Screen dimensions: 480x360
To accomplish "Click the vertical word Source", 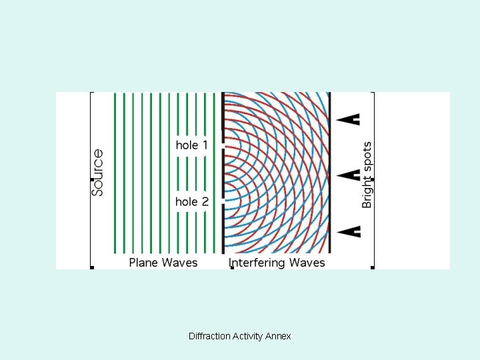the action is (x=97, y=172).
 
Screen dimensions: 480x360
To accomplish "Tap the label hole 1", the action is (x=192, y=145).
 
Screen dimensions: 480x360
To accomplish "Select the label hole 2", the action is (x=192, y=201).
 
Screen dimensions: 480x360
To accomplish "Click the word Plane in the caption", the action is (x=143, y=263).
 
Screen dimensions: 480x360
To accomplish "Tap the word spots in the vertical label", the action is (x=367, y=156).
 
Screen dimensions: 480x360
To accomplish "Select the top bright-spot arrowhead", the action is (x=349, y=119).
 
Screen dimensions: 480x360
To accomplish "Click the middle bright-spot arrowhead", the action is (x=349, y=175).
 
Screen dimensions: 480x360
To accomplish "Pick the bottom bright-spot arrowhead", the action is (x=349, y=231).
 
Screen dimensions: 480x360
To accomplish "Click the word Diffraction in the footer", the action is (x=209, y=337).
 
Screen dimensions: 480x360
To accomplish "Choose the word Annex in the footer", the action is (x=278, y=337).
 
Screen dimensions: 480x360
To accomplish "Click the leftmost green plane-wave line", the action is (x=115, y=173).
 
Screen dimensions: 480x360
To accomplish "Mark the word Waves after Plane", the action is (x=179, y=263).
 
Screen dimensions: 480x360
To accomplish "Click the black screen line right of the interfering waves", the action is (x=331, y=173).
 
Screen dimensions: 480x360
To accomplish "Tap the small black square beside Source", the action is (x=91, y=179).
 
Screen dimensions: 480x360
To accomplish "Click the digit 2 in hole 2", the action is (x=205, y=201).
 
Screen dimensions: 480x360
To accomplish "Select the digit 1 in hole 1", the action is (x=205, y=145).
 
